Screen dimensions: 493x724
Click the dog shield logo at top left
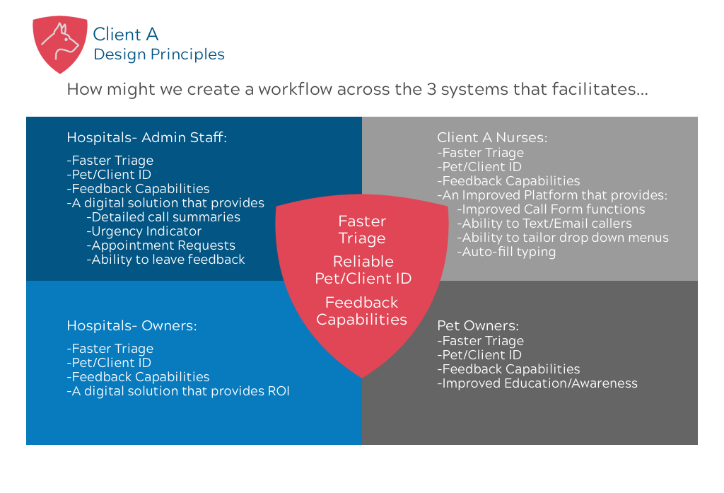point(60,44)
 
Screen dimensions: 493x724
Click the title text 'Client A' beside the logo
point(125,34)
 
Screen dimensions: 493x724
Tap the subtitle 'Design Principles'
point(158,54)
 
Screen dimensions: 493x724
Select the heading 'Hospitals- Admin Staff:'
point(146,137)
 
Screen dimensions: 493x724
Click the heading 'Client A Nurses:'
point(492,137)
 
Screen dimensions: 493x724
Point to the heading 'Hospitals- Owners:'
point(132,325)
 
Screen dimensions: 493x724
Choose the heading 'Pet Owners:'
point(478,325)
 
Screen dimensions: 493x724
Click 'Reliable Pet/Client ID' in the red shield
point(363,269)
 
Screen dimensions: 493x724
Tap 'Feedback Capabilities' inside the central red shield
point(361,311)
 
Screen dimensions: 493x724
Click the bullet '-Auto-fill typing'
point(506,252)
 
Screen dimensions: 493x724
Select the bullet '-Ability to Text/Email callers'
point(544,224)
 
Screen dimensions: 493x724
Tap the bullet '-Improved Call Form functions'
point(551,209)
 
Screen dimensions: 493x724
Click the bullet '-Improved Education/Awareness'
point(537,383)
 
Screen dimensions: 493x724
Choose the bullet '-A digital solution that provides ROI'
point(178,391)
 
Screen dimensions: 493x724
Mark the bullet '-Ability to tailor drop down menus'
point(563,238)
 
